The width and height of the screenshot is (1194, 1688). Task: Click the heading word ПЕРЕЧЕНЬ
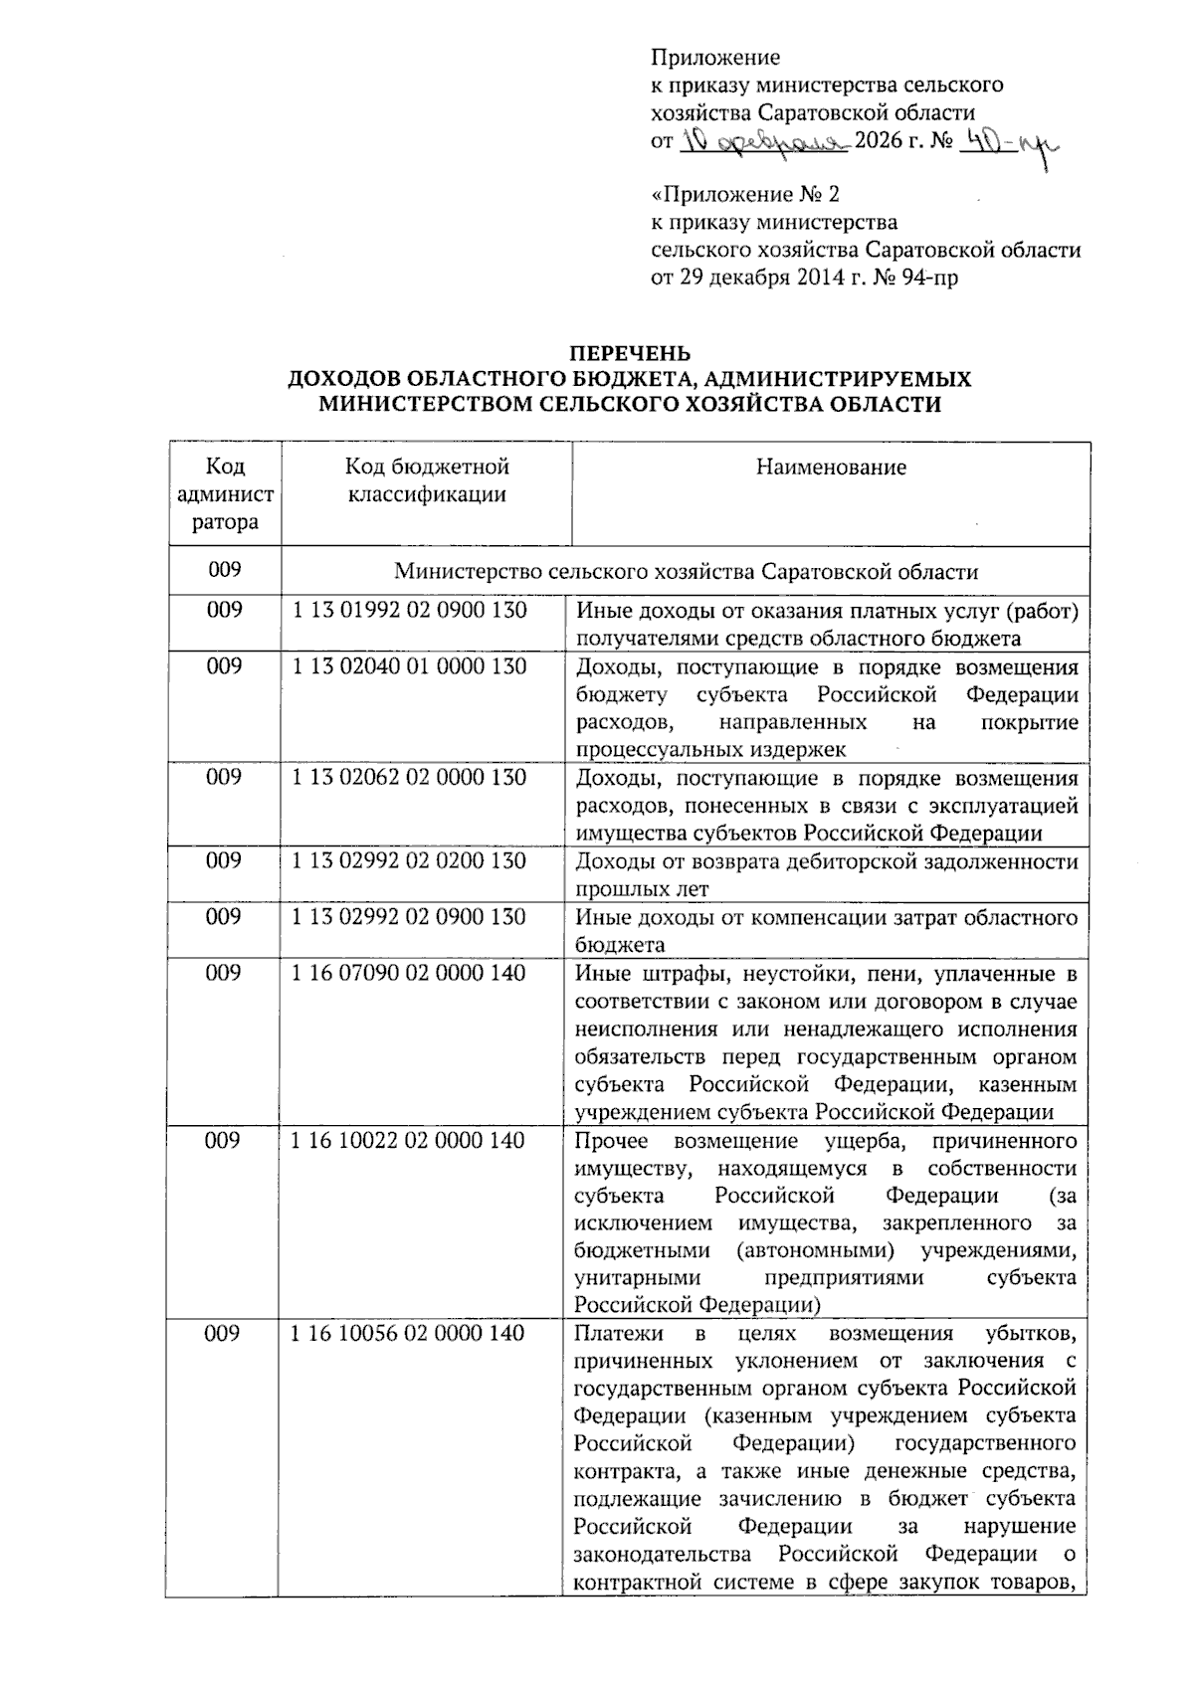(x=629, y=353)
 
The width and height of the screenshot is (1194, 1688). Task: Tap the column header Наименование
(x=831, y=468)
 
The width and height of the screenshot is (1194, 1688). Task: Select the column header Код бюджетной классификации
(x=427, y=480)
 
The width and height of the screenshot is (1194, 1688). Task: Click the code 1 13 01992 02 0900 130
(x=410, y=610)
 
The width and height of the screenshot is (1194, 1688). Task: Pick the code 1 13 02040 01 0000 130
(x=410, y=666)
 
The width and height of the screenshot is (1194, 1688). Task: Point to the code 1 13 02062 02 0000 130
(x=410, y=777)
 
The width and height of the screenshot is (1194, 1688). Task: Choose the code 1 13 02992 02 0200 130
(x=410, y=860)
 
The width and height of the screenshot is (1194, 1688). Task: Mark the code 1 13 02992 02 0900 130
(x=410, y=916)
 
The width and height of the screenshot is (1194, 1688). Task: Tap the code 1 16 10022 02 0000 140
(x=409, y=1140)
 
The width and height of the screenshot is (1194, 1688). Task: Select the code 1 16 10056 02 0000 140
(x=409, y=1333)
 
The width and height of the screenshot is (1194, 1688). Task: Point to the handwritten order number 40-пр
(x=1006, y=147)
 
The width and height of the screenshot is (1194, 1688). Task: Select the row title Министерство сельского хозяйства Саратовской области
(x=686, y=572)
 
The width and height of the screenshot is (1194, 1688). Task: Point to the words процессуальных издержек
(x=710, y=749)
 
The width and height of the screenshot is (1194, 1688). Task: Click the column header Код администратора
(x=225, y=494)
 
